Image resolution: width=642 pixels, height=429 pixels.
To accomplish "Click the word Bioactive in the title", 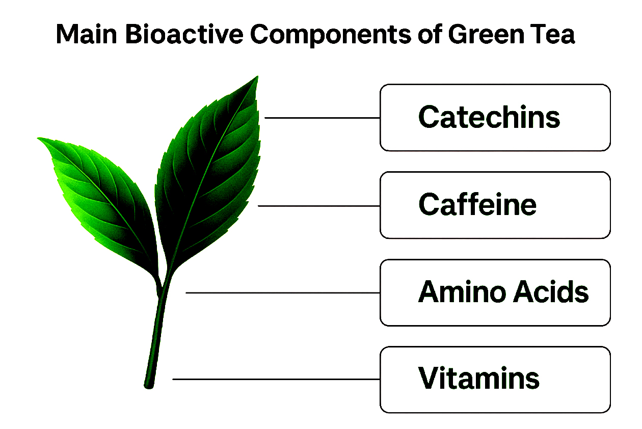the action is pyautogui.click(x=184, y=34).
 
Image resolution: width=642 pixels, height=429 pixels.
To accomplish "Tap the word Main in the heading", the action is pyautogui.click(x=86, y=34).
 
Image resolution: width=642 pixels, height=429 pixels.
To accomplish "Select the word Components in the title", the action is pyautogui.click(x=331, y=35).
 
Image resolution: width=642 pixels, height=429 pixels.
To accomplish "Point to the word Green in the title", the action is pyautogui.click(x=486, y=34).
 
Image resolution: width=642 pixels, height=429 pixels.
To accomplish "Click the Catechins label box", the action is pyautogui.click(x=495, y=118).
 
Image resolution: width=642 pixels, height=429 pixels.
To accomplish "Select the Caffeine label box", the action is pyautogui.click(x=495, y=205).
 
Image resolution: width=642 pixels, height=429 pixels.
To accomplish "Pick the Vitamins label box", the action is pyautogui.click(x=495, y=380).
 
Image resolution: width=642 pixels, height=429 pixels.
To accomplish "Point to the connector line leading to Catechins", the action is pyautogui.click(x=322, y=118).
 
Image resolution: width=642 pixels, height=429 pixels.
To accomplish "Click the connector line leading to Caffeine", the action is pyautogui.click(x=319, y=206).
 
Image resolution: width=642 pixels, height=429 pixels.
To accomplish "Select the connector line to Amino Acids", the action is pyautogui.click(x=283, y=293).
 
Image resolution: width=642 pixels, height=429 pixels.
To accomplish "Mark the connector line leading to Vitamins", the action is pyautogui.click(x=276, y=380).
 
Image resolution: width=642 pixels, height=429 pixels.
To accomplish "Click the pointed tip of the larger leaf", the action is pyautogui.click(x=258, y=76).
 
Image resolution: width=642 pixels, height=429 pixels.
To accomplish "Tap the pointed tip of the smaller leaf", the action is pyautogui.click(x=38, y=139).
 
